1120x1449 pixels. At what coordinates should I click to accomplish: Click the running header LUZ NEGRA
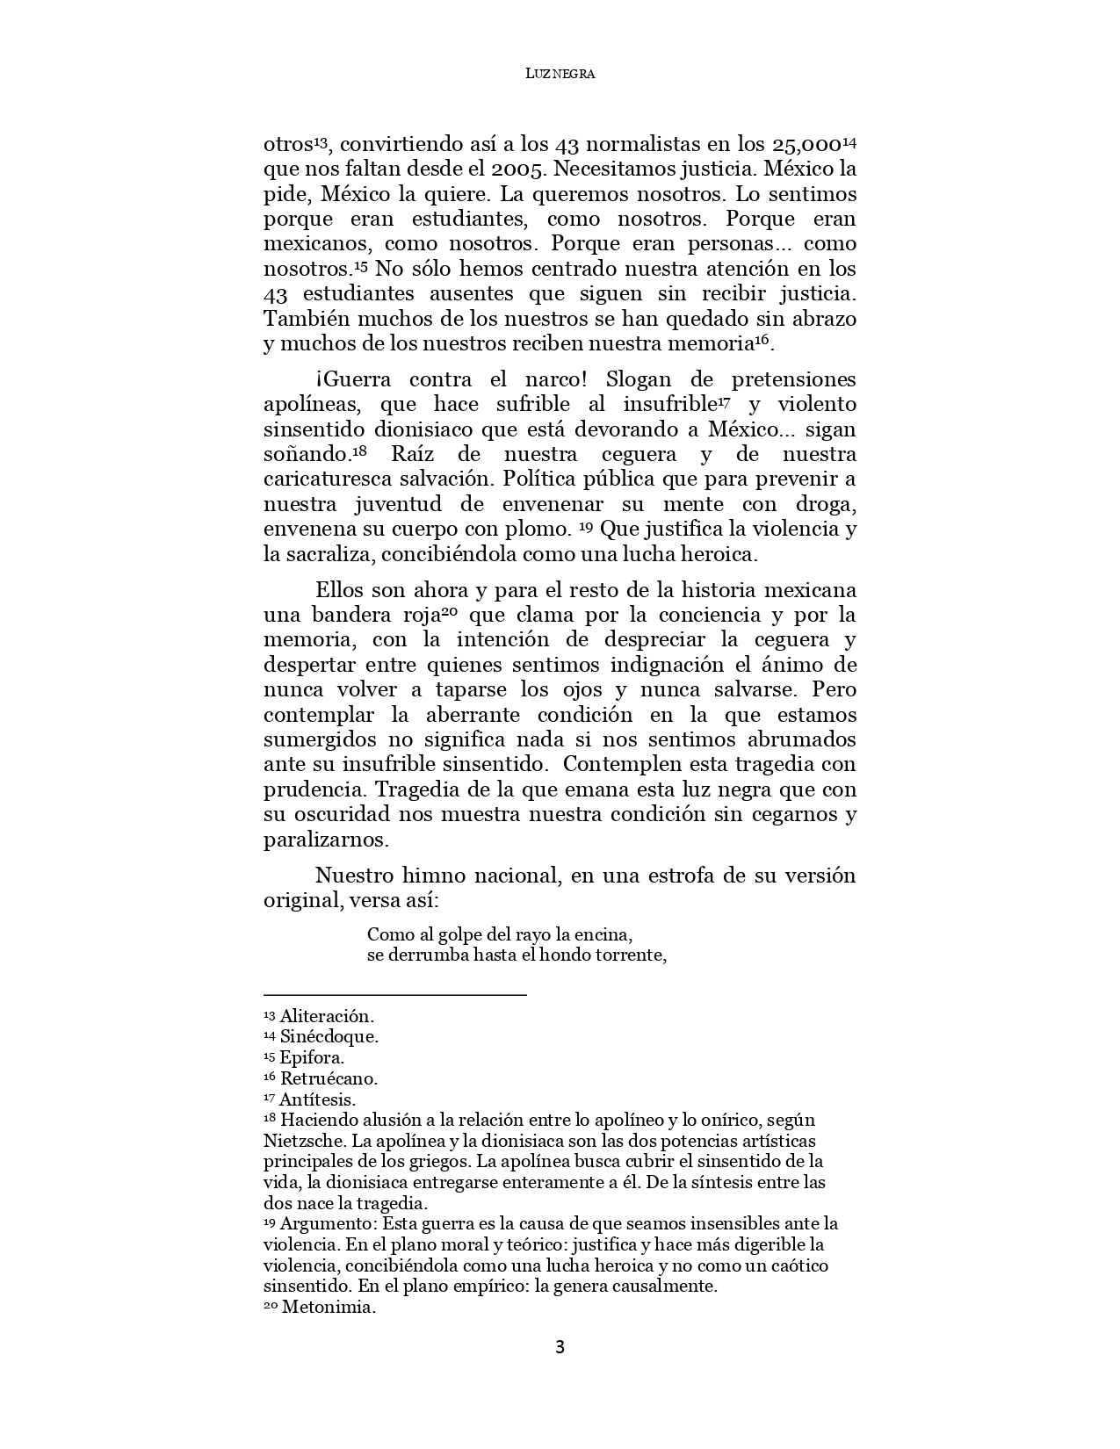[x=560, y=75]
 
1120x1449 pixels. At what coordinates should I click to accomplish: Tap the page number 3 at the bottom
[x=560, y=1347]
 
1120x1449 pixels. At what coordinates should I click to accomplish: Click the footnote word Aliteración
[x=327, y=1016]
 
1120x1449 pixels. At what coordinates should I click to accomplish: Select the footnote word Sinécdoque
[x=329, y=1037]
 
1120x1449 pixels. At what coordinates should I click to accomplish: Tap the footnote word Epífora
[x=312, y=1058]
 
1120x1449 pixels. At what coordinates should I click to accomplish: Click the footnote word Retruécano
[x=329, y=1078]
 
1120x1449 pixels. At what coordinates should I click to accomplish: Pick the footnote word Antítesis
[x=317, y=1099]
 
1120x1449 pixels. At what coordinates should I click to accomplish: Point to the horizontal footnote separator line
[x=394, y=995]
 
